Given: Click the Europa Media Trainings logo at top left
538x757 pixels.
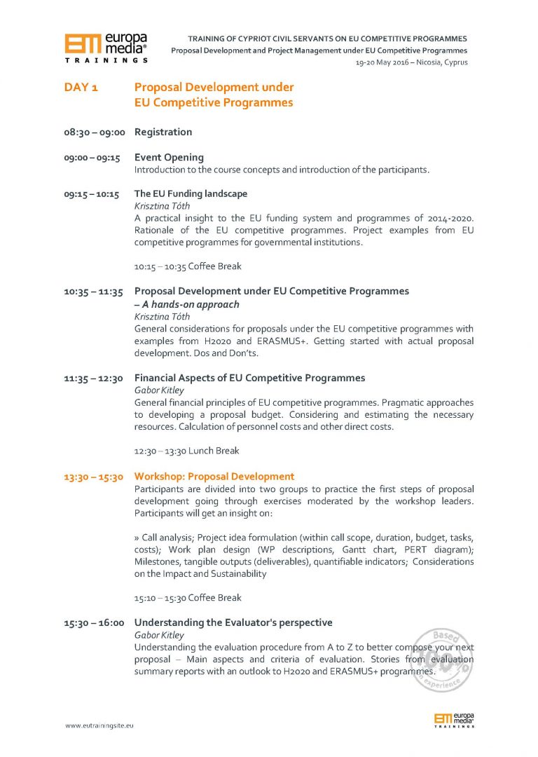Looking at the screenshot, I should click(x=106, y=48).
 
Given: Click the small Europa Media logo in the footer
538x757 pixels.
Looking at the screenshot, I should click(x=454, y=719).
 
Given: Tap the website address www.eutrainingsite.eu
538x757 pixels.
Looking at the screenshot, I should click(x=99, y=725).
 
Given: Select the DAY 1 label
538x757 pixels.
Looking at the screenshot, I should click(x=81, y=88).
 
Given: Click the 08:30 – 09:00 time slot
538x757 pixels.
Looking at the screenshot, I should click(x=94, y=132).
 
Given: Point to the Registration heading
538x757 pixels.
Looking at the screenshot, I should click(x=163, y=132).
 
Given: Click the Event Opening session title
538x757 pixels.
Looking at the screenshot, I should click(x=169, y=157).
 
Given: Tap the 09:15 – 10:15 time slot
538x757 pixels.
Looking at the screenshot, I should click(x=92, y=194).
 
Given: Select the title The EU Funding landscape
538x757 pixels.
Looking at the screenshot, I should click(x=191, y=193).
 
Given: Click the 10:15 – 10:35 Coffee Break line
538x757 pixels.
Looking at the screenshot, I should click(x=188, y=266).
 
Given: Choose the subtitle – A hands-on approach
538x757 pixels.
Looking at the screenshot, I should click(x=186, y=304).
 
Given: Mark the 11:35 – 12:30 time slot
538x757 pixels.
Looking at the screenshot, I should click(x=92, y=378).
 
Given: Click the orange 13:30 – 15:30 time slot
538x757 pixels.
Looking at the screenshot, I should click(x=94, y=477).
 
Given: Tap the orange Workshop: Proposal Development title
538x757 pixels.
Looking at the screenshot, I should click(x=214, y=477).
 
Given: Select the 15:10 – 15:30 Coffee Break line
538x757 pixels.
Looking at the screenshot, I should click(x=188, y=598).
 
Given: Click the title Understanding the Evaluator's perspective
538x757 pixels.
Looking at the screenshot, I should click(x=233, y=622).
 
